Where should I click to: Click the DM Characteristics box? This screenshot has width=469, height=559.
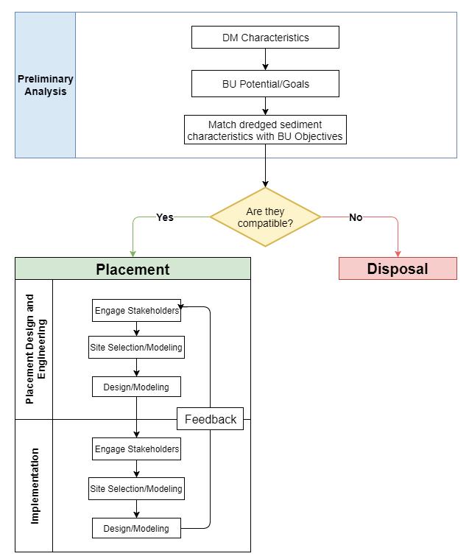tap(265, 38)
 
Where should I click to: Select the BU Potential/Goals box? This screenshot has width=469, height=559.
tap(265, 84)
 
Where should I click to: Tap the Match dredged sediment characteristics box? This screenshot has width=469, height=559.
tap(265, 130)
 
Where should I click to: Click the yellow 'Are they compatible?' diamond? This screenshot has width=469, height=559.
tap(265, 217)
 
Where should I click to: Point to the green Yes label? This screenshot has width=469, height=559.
tap(165, 217)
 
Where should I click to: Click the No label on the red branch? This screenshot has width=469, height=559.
tap(356, 217)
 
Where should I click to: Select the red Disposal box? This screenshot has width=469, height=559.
tap(398, 269)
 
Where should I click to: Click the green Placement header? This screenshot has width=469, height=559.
tap(133, 269)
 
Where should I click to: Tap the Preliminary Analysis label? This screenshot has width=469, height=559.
tap(46, 85)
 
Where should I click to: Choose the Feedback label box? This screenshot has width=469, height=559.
tap(211, 419)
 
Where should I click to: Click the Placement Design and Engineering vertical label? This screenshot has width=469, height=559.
tap(35, 349)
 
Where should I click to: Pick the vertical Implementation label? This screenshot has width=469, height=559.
tap(35, 485)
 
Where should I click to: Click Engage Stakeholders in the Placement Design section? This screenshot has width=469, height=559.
tap(136, 311)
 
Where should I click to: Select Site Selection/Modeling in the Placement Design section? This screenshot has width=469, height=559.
tap(136, 347)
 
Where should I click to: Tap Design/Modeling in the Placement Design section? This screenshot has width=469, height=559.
tap(136, 387)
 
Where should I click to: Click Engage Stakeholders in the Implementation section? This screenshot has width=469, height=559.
tap(136, 449)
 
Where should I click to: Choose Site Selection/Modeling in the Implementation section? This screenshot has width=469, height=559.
tap(136, 488)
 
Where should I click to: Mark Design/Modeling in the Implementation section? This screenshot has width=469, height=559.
tap(136, 528)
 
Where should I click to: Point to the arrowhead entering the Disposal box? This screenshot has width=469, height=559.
tap(398, 253)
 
